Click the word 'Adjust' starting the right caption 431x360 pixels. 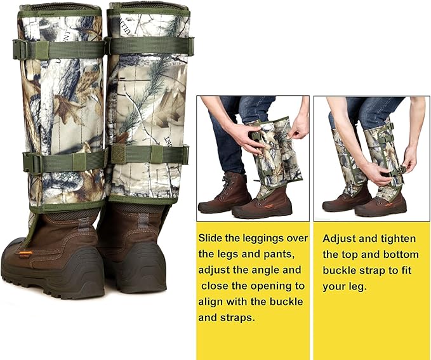339,239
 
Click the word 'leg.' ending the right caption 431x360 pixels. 355,286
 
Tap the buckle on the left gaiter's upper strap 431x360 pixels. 23,50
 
